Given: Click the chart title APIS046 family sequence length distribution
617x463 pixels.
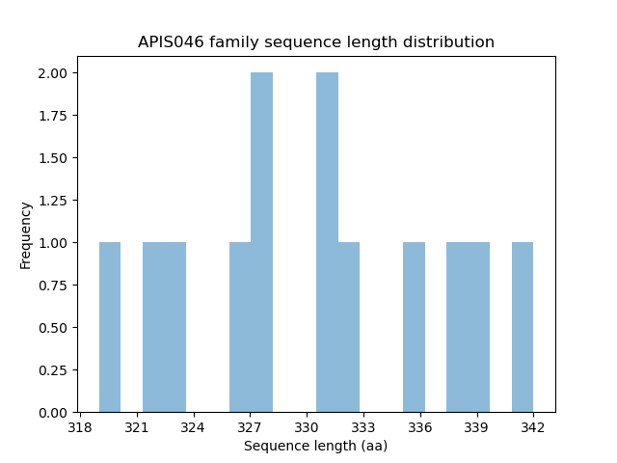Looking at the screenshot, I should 316,42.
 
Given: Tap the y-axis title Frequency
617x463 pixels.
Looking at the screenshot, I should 26,234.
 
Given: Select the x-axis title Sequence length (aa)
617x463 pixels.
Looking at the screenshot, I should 315,446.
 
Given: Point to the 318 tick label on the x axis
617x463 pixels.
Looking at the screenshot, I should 80,427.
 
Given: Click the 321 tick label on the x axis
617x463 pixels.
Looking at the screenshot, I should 136,427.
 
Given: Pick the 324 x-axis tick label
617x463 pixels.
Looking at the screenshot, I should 193,427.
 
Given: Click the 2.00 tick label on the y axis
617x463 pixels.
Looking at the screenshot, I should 53,73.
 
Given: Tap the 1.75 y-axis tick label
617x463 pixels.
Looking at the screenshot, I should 53,116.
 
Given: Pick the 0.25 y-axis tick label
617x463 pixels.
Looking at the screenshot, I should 53,370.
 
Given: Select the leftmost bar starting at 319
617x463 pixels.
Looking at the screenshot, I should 110,328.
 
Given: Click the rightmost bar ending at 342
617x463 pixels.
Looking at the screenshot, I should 523,328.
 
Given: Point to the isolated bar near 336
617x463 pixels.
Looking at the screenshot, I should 414,328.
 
